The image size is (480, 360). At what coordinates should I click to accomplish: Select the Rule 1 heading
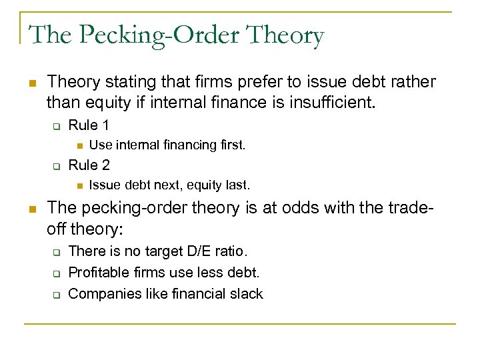coord(89,125)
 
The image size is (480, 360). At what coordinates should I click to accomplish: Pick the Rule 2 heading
coord(89,165)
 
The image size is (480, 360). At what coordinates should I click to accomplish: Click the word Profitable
coord(99,272)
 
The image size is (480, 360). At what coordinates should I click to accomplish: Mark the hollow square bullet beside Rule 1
coord(57,125)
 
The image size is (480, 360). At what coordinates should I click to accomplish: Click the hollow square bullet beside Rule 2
coord(57,165)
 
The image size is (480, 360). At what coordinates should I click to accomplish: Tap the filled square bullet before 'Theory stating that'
coord(31,83)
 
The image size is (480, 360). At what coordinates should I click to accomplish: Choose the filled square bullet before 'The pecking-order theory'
coord(31,209)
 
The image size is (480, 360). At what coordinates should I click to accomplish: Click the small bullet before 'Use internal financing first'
coord(78,145)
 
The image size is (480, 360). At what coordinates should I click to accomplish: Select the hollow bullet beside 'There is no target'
coord(57,252)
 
